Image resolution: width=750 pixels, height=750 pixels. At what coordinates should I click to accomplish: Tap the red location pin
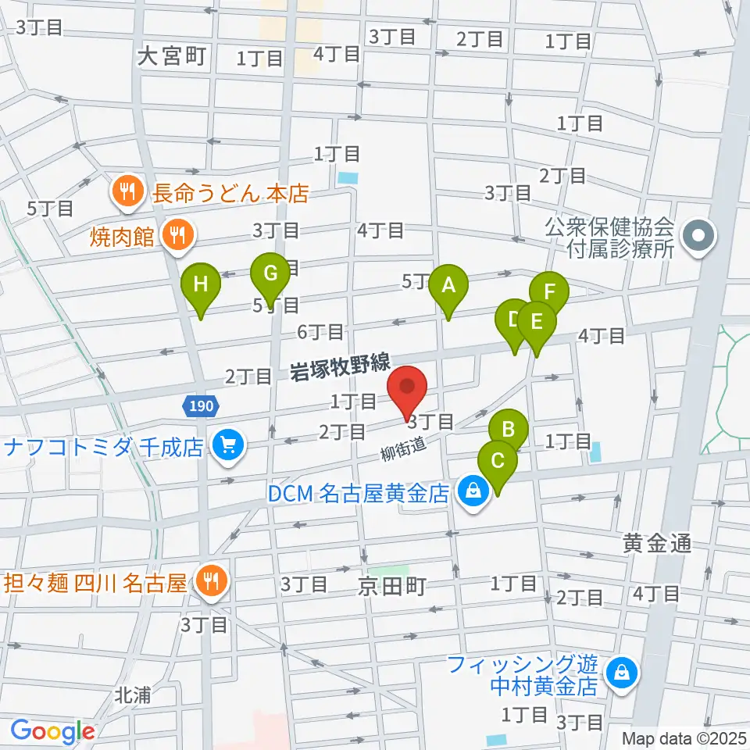(x=407, y=388)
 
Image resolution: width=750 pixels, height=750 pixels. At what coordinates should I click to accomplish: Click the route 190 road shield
(x=202, y=405)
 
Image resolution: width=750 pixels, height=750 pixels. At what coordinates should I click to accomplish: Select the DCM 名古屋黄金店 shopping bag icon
(x=473, y=492)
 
